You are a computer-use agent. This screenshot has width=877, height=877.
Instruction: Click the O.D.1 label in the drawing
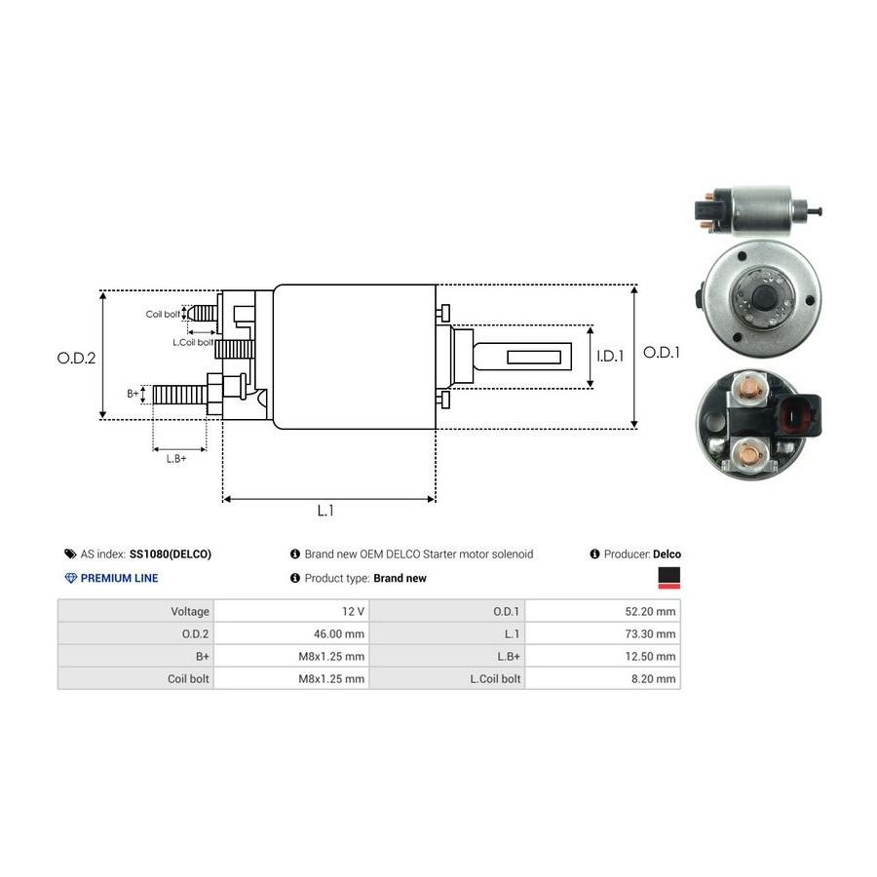click(663, 353)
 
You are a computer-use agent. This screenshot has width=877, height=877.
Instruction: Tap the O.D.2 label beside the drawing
click(76, 358)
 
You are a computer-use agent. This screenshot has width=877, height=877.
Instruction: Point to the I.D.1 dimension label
click(610, 357)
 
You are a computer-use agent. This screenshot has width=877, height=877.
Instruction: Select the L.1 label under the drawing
click(325, 510)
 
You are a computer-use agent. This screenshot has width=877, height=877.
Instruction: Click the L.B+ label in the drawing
click(175, 458)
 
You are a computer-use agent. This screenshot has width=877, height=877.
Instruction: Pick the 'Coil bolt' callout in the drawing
click(163, 314)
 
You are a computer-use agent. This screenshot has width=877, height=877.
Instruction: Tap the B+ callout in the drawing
click(133, 394)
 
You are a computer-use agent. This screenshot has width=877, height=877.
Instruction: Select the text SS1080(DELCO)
click(170, 553)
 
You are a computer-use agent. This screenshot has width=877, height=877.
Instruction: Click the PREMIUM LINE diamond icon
click(70, 578)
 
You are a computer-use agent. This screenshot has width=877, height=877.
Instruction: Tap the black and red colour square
click(669, 579)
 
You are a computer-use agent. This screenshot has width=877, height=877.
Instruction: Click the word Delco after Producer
click(667, 553)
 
